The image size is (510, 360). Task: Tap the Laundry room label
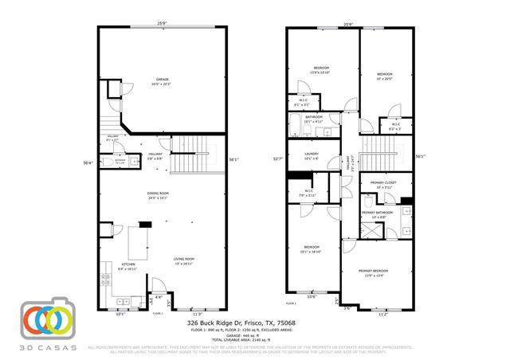pyautogui.click(x=311, y=156)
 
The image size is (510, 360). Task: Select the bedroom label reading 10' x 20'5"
pyautogui.click(x=385, y=76)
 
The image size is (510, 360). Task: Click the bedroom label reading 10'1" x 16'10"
pyautogui.click(x=311, y=249)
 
